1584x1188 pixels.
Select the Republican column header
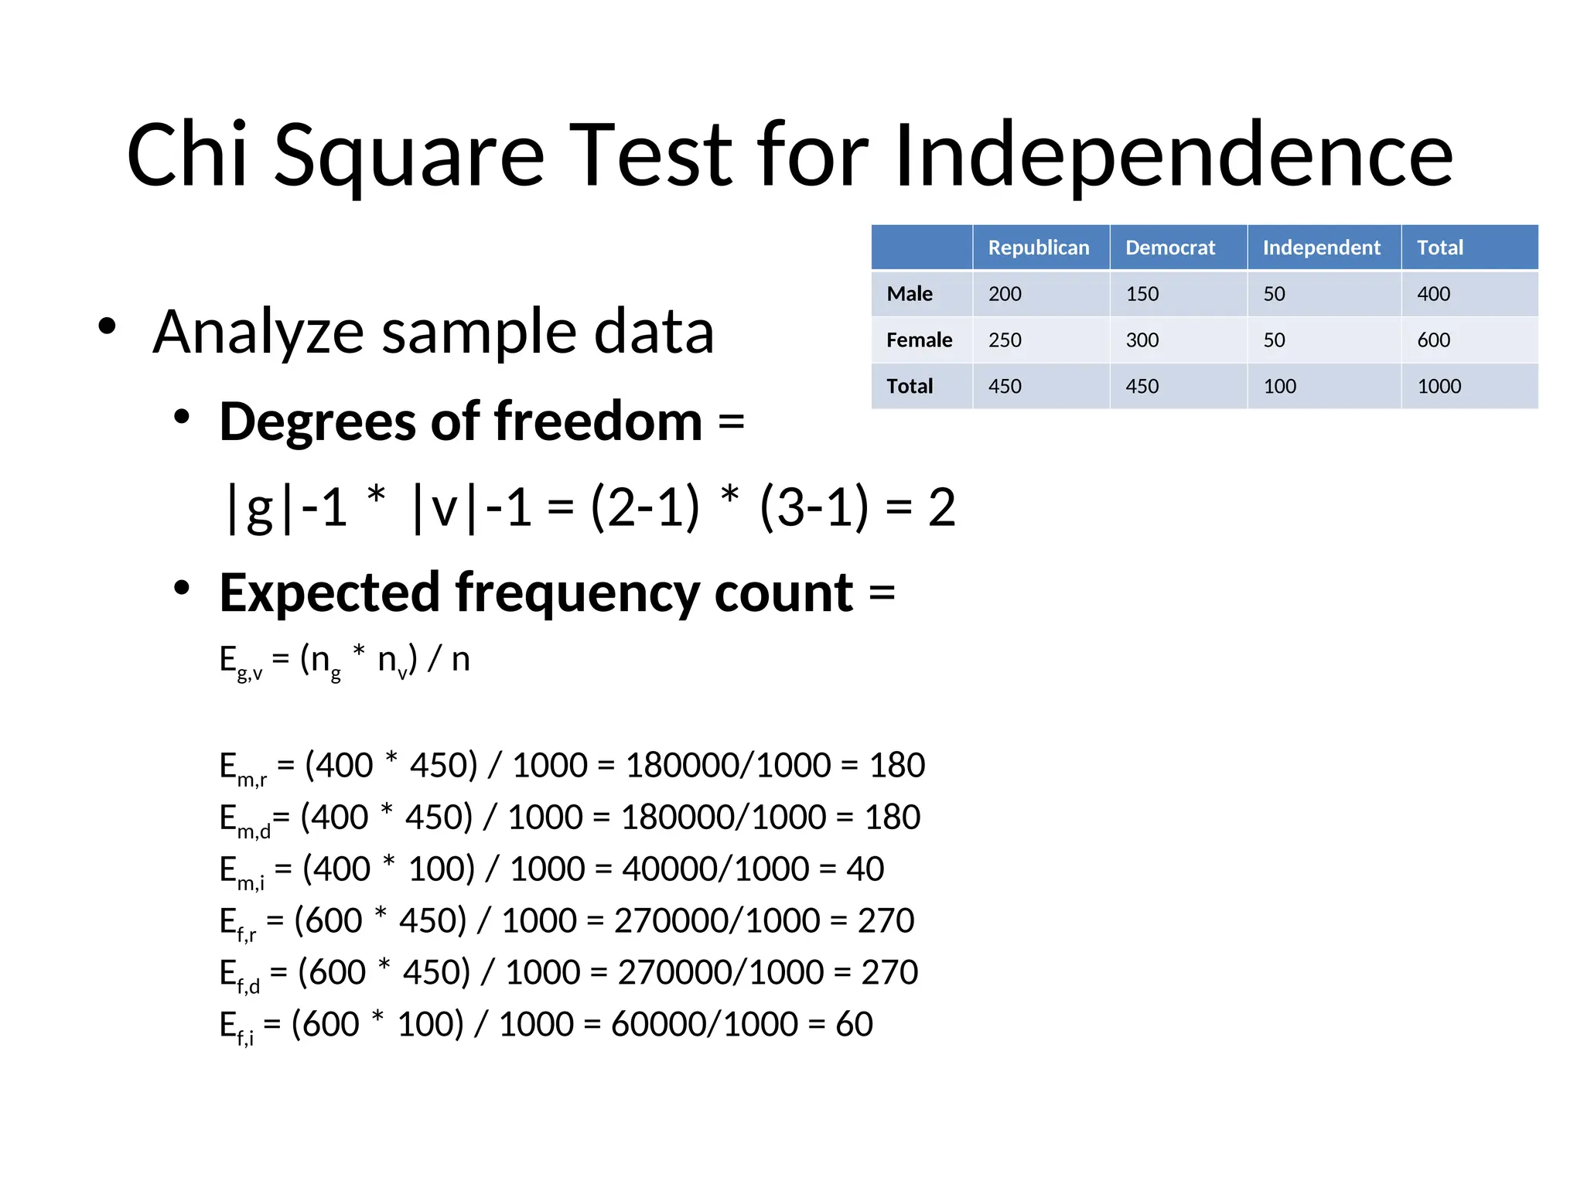1038,247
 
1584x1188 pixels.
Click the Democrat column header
1169,247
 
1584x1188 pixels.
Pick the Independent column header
1321,247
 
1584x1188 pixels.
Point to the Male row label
910,294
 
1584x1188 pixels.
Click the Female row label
919,340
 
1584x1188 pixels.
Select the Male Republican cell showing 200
1005,294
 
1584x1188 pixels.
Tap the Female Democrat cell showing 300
1142,340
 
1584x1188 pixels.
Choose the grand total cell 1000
1439,386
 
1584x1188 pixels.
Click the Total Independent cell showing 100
1279,386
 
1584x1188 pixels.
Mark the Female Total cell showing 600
1433,340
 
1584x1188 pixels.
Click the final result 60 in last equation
854,1024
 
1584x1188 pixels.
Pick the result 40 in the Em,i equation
865,869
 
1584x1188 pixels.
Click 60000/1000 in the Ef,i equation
704,1024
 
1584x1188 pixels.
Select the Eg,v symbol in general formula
241,662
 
